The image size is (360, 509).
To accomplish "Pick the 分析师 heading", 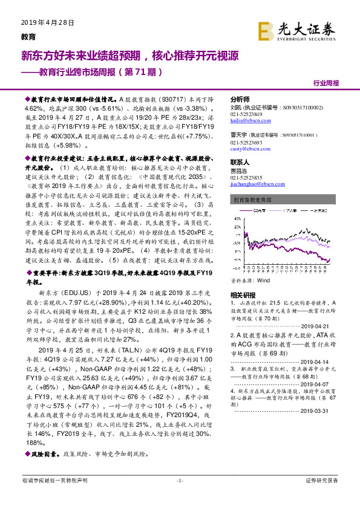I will (x=240, y=99).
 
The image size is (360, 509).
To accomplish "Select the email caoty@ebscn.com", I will (x=249, y=148).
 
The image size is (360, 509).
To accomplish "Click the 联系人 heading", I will (x=240, y=163).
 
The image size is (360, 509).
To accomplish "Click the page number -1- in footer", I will (x=179, y=497).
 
